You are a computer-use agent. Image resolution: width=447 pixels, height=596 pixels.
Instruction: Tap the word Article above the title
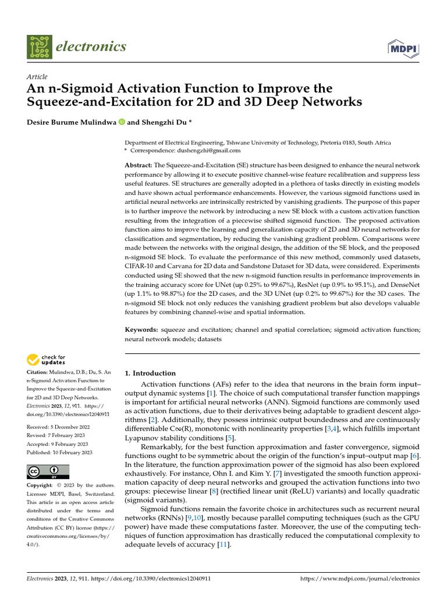pyautogui.click(x=37, y=77)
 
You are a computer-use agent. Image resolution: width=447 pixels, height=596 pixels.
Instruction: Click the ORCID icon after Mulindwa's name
pyautogui.click(x=121, y=122)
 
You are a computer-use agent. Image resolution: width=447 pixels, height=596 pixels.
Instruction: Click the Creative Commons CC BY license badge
pyautogui.click(x=48, y=471)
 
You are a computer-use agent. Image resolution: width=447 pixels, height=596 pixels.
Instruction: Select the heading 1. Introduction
pyautogui.click(x=150, y=373)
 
